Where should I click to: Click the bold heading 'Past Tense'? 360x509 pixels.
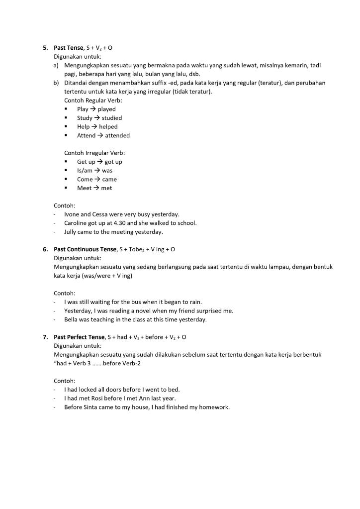coord(69,48)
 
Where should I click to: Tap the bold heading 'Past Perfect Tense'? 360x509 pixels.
coord(79,337)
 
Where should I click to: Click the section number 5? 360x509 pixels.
coord(45,48)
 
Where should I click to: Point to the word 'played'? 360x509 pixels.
coord(106,109)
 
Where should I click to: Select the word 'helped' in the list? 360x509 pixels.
coord(108,127)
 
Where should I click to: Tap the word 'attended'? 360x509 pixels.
coord(117,135)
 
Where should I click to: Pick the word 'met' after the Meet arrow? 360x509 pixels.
coord(106,188)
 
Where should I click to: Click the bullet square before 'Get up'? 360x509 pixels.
coord(66,162)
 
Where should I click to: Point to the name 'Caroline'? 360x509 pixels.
coord(76,223)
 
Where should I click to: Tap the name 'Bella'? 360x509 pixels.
coord(72,319)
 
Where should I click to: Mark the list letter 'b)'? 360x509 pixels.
coord(56,83)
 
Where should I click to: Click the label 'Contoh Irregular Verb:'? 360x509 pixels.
coord(94,153)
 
